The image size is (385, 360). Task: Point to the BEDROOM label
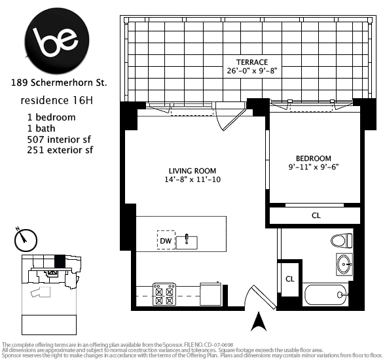pyautogui.click(x=313, y=158)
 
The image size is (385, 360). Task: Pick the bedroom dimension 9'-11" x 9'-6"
pyautogui.click(x=313, y=167)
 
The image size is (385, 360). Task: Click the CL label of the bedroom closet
pyautogui.click(x=316, y=215)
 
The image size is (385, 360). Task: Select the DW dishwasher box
pyautogui.click(x=166, y=240)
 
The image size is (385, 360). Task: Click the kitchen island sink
pyautogui.click(x=189, y=240)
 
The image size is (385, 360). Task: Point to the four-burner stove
pyautogui.click(x=164, y=294)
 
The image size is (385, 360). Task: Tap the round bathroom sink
pyautogui.click(x=342, y=265)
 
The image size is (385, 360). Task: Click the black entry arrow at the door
pyautogui.click(x=259, y=321)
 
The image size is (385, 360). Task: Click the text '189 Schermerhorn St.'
pyautogui.click(x=58, y=83)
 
